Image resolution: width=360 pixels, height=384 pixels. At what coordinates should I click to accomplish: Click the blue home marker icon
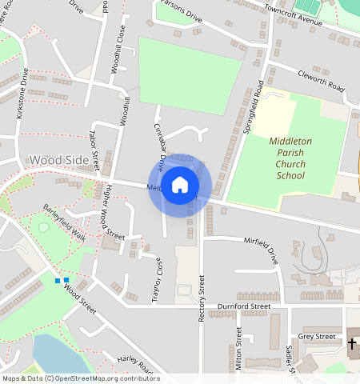(180, 186)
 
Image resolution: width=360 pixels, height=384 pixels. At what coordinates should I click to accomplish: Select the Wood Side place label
(58, 161)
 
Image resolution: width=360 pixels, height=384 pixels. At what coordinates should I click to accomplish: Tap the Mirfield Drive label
(260, 250)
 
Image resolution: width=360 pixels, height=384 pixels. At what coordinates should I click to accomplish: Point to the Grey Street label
(317, 337)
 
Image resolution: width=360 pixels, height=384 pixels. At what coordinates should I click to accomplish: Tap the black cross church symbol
(352, 344)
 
